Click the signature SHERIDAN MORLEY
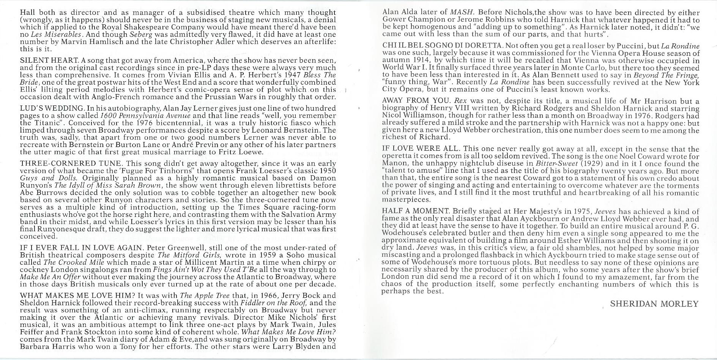654,304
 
